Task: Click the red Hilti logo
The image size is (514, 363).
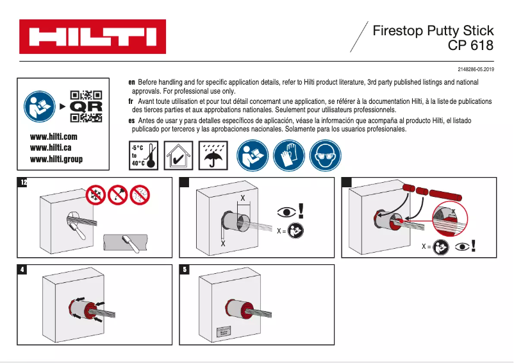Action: (x=92, y=37)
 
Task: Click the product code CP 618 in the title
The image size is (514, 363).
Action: (x=470, y=46)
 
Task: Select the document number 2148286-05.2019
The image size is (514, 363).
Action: (x=476, y=69)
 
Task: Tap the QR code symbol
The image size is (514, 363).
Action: (x=86, y=106)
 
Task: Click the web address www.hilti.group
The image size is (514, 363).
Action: (x=56, y=159)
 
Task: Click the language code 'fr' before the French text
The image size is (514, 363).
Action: (x=131, y=101)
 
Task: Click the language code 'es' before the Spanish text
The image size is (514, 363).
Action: (x=131, y=120)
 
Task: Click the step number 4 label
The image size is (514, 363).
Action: (x=23, y=270)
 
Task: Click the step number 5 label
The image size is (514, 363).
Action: (x=185, y=270)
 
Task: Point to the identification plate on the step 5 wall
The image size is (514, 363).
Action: (x=224, y=332)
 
